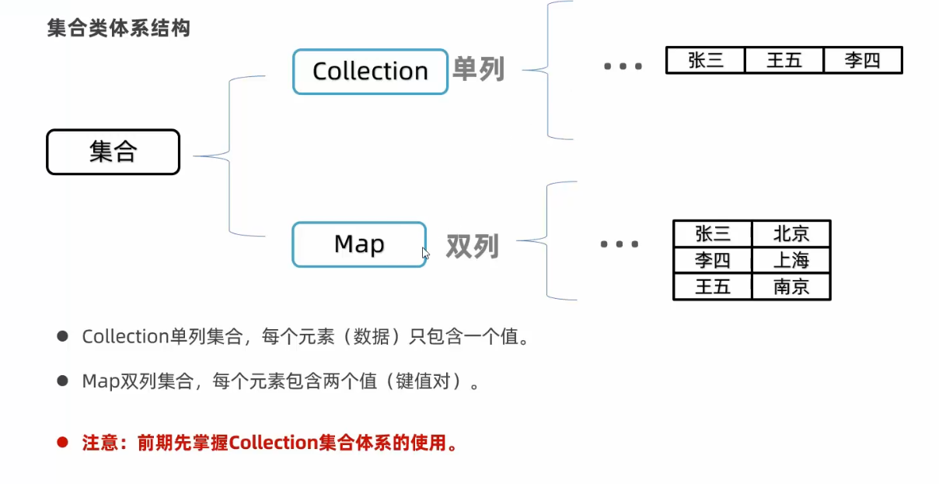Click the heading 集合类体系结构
click(x=118, y=29)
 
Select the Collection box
click(x=370, y=72)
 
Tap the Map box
click(x=359, y=244)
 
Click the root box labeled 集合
click(x=113, y=152)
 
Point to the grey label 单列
click(x=479, y=70)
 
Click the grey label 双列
click(x=472, y=246)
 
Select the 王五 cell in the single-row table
click(x=784, y=61)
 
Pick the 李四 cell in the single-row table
click(x=862, y=61)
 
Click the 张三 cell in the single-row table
click(x=705, y=61)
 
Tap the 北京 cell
click(x=791, y=233)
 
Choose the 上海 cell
click(x=791, y=260)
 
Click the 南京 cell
click(x=791, y=286)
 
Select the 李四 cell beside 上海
click(x=713, y=260)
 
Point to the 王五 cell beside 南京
click(x=713, y=286)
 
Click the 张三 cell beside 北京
click(x=713, y=233)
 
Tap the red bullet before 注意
click(x=63, y=443)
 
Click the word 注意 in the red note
click(x=99, y=444)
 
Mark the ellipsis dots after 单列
click(x=623, y=67)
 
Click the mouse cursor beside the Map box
click(x=425, y=253)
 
